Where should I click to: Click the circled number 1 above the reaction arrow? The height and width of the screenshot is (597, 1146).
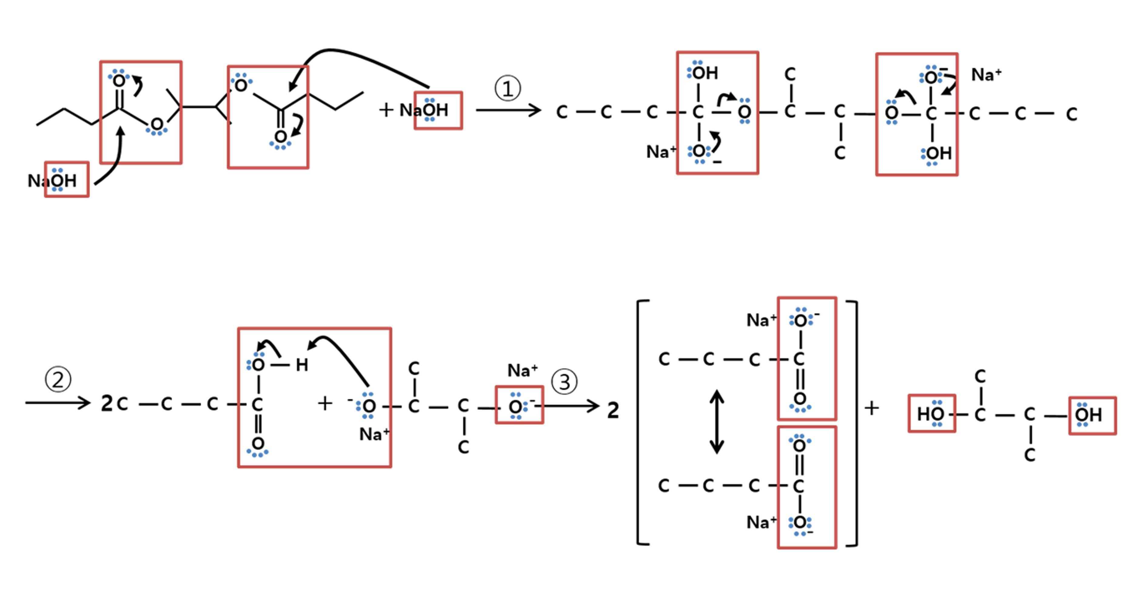(508, 88)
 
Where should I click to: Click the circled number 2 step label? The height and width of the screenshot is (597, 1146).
(58, 379)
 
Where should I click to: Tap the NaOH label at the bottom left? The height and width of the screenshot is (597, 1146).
(52, 181)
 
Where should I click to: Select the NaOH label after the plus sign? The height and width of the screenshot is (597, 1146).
(424, 110)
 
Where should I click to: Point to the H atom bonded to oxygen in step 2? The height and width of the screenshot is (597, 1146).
(302, 365)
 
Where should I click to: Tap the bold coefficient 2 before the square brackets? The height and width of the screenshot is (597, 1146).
(613, 410)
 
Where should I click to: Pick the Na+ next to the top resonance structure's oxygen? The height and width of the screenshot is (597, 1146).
(762, 320)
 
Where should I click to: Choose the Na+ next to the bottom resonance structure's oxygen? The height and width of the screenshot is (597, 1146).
(762, 522)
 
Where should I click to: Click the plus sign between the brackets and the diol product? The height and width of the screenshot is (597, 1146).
(872, 408)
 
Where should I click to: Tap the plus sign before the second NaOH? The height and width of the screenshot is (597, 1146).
(386, 110)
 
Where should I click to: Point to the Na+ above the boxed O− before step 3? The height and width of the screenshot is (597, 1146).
(522, 370)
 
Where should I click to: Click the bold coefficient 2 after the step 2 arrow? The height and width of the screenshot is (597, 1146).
(107, 403)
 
